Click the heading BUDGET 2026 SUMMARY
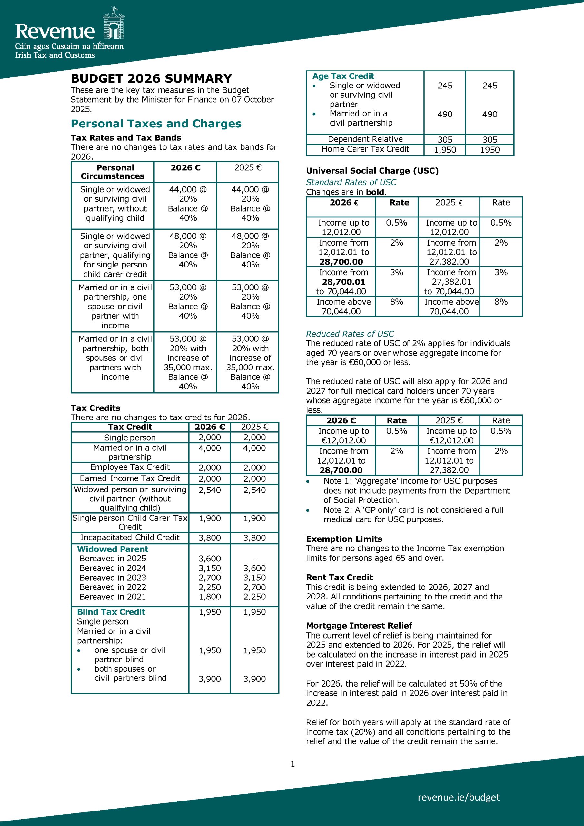151,78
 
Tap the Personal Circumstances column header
113,172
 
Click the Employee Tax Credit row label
130,467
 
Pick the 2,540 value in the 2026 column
210,490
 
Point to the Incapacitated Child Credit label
130,538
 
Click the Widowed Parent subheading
113,549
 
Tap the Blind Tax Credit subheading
111,612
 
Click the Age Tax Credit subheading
343,76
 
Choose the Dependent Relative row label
365,139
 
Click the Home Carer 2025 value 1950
490,150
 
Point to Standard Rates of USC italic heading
351,182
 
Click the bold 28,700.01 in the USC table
343,282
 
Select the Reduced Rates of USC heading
350,334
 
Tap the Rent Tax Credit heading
339,578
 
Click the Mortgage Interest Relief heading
359,626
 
